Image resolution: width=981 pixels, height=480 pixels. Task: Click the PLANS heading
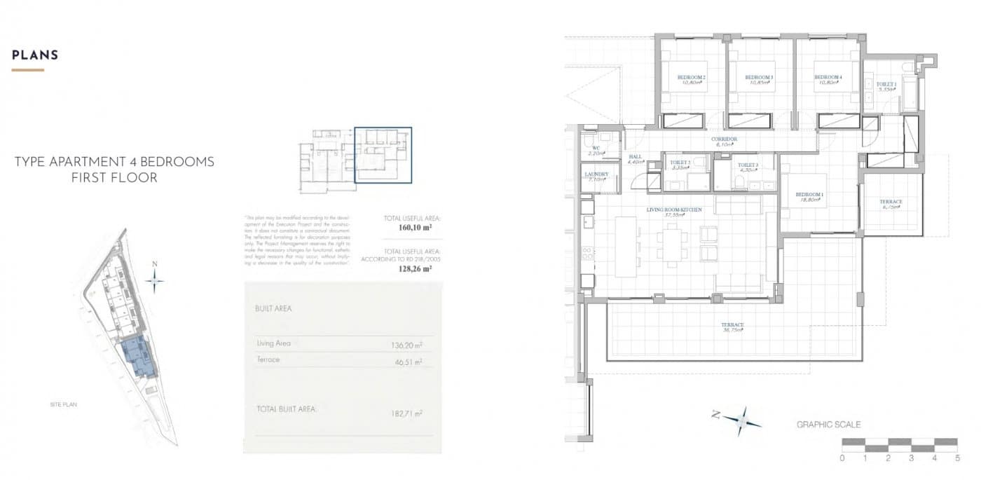tap(35, 55)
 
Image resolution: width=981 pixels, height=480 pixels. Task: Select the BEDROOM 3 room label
tap(759, 77)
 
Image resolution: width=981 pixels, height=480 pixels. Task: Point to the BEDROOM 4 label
tap(828, 77)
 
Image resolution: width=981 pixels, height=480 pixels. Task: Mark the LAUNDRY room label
tap(596, 174)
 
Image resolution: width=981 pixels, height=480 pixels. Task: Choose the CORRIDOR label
tap(724, 139)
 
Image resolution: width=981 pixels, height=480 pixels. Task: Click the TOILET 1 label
tap(885, 85)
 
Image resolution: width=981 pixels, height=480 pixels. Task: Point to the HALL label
tap(636, 157)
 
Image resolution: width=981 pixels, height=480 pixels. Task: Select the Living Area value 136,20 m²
tap(406, 345)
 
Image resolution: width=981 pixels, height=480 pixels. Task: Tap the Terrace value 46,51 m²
tap(408, 362)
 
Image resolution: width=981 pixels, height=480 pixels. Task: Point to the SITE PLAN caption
tap(63, 406)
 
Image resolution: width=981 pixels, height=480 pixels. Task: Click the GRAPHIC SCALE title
tap(828, 425)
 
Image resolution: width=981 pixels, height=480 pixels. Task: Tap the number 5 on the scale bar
tap(957, 458)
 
